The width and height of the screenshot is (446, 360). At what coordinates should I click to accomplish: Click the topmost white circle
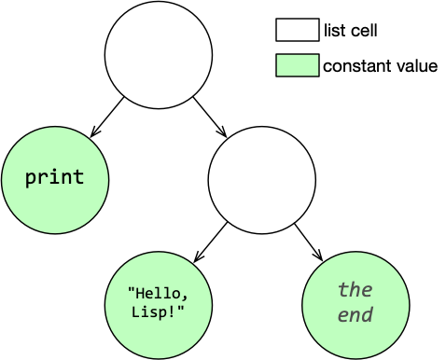tap(159, 54)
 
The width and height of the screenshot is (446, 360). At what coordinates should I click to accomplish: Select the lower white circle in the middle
tap(262, 180)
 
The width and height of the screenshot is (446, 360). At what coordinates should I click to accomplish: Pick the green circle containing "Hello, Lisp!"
tap(159, 305)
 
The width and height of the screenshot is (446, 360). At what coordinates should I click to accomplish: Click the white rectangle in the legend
tap(298, 30)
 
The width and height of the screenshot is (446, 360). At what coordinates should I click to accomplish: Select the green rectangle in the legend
tap(298, 65)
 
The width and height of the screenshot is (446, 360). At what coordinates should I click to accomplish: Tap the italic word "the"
tap(355, 289)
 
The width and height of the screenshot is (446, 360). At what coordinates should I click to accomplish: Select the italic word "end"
tap(355, 315)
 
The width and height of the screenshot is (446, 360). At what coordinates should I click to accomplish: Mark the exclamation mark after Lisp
tap(172, 311)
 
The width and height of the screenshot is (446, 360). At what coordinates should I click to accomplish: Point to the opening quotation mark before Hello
tap(132, 291)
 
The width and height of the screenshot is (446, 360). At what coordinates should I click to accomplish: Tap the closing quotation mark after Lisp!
tap(180, 309)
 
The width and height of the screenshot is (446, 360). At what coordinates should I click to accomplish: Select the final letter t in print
tap(79, 177)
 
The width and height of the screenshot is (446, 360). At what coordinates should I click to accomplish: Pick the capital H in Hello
tap(140, 293)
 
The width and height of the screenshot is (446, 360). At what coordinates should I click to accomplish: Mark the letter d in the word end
tap(368, 315)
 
